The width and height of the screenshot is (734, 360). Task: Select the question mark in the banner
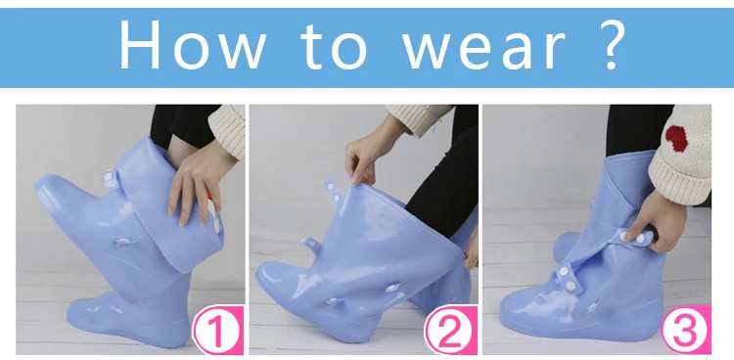tap(610, 45)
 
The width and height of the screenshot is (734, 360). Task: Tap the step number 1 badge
tap(217, 330)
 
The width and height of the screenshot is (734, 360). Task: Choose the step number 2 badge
tap(451, 330)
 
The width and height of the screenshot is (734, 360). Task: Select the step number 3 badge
tap(686, 330)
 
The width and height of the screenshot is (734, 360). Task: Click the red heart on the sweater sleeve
tap(676, 139)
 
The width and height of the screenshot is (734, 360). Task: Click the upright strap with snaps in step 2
tap(334, 192)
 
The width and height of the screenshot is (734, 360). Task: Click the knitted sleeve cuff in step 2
tap(417, 118)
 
